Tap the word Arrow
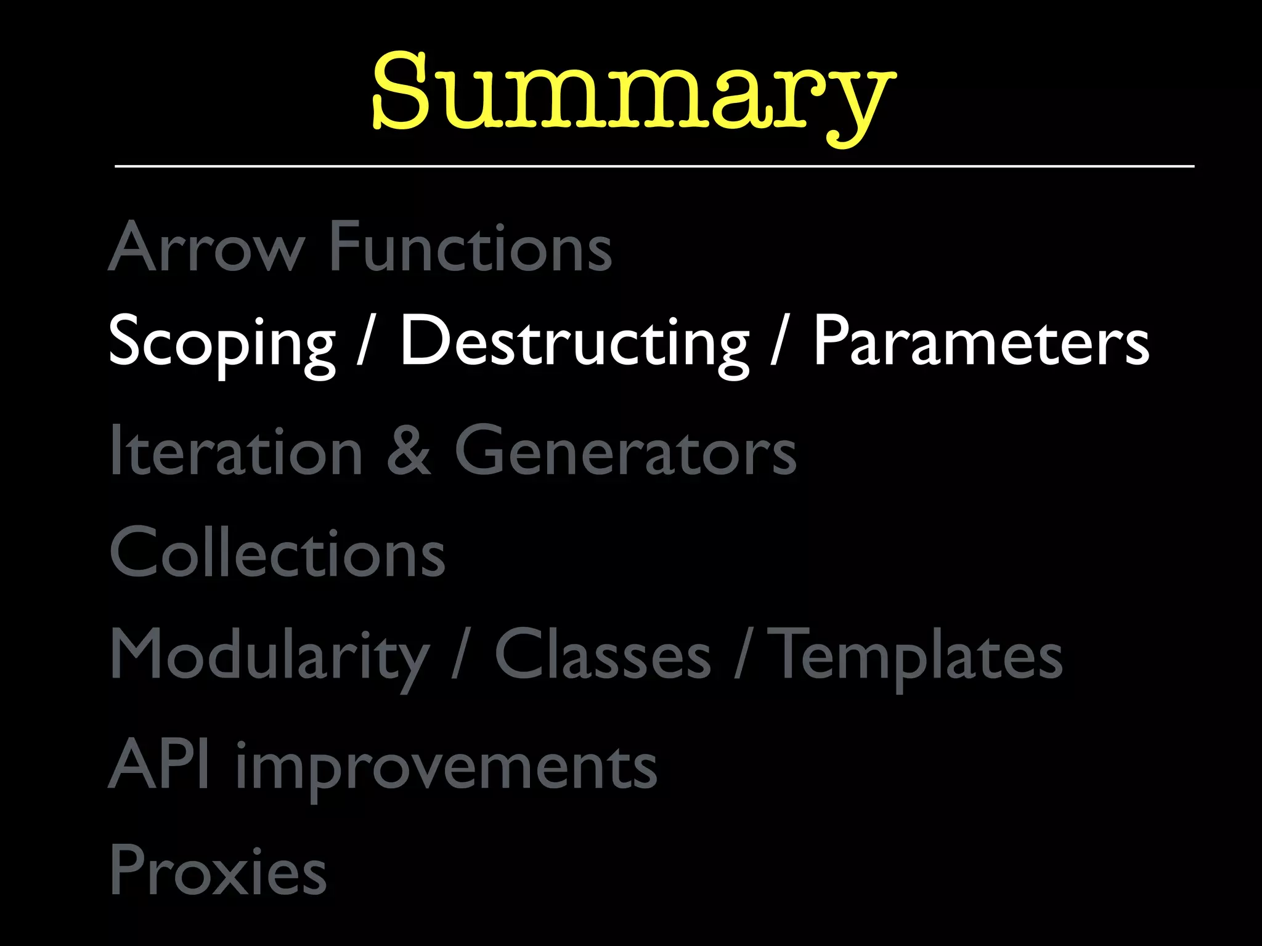point(206,246)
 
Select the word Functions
point(471,246)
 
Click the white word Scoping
point(222,342)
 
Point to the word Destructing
point(574,342)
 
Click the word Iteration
point(236,451)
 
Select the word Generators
point(625,451)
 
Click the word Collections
point(277,552)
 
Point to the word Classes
point(603,655)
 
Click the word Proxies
point(218,870)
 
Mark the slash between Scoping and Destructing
point(366,342)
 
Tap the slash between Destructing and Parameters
point(780,342)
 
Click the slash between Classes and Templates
point(742,655)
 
